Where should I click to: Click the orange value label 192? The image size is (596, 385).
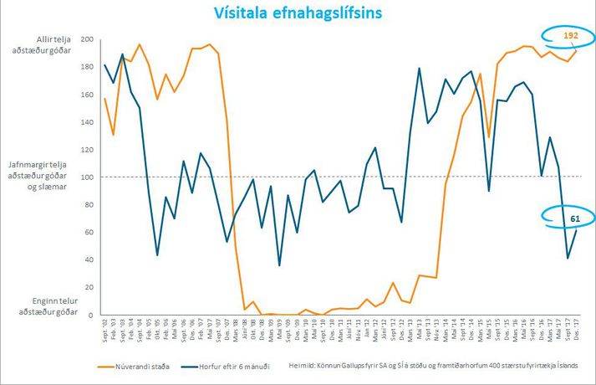click(x=571, y=36)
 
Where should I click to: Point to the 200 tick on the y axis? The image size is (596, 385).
click(x=87, y=39)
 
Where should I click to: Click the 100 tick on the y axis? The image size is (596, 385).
click(x=87, y=177)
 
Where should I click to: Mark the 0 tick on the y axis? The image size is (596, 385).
click(x=91, y=315)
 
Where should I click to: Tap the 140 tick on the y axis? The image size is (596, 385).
click(x=87, y=122)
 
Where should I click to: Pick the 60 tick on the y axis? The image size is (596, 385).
click(x=89, y=232)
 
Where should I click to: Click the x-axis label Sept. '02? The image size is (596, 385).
click(x=104, y=332)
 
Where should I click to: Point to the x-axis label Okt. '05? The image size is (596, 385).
click(x=158, y=332)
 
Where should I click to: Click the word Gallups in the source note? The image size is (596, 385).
click(x=363, y=366)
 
